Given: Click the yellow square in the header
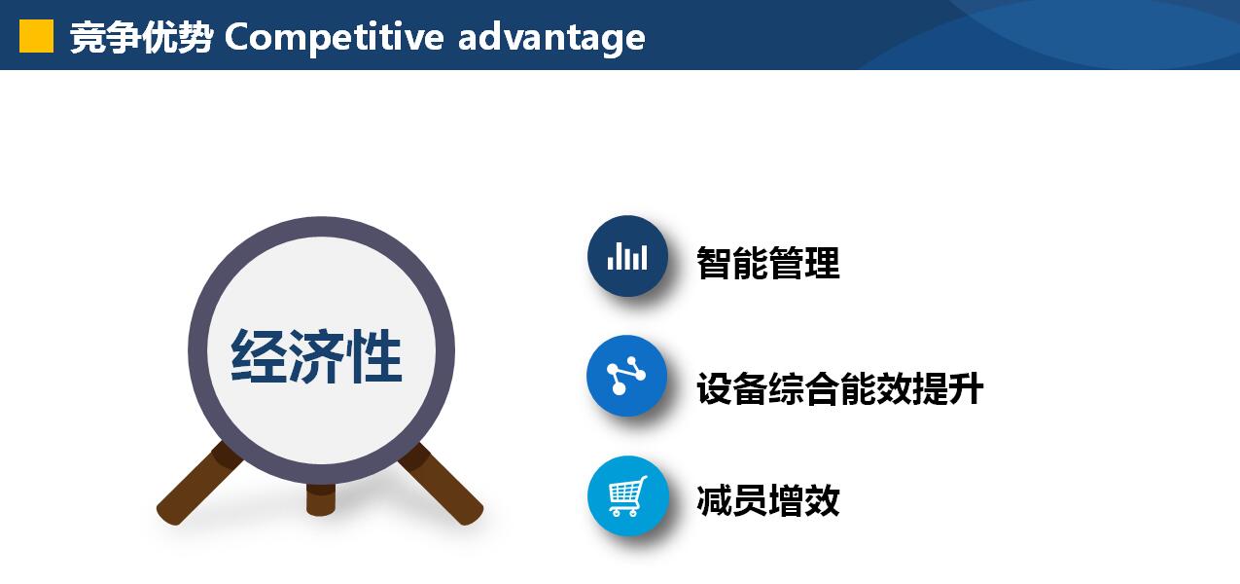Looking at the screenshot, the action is pyautogui.click(x=37, y=36).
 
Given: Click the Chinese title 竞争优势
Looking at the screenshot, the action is pyautogui.click(x=142, y=37).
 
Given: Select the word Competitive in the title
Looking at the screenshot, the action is pyautogui.click(x=334, y=37).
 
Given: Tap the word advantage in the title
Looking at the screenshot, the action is pyautogui.click(x=551, y=38).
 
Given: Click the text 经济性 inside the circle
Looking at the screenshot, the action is pyautogui.click(x=317, y=355).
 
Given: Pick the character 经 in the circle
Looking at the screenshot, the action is pyautogui.click(x=259, y=355).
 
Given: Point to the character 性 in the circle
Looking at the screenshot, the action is pyautogui.click(x=374, y=355).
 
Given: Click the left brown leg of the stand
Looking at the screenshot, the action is pyautogui.click(x=198, y=483).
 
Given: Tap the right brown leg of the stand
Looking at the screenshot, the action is pyautogui.click(x=442, y=483).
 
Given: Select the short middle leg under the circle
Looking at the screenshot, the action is pyautogui.click(x=321, y=499).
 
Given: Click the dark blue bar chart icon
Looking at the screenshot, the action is pyautogui.click(x=627, y=256).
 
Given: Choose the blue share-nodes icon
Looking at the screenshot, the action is pyautogui.click(x=627, y=376).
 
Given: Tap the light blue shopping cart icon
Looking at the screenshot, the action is pyautogui.click(x=628, y=495).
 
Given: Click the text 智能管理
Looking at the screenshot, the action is pyautogui.click(x=768, y=263).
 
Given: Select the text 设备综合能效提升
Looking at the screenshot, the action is pyautogui.click(x=840, y=388).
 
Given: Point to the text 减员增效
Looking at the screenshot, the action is pyautogui.click(x=768, y=500).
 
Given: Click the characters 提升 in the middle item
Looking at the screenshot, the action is pyautogui.click(x=948, y=388).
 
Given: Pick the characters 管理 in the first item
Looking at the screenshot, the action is pyautogui.click(x=804, y=263).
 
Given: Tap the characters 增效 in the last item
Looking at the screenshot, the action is pyautogui.click(x=804, y=500).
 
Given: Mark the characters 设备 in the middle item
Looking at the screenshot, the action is pyautogui.click(x=732, y=388).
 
